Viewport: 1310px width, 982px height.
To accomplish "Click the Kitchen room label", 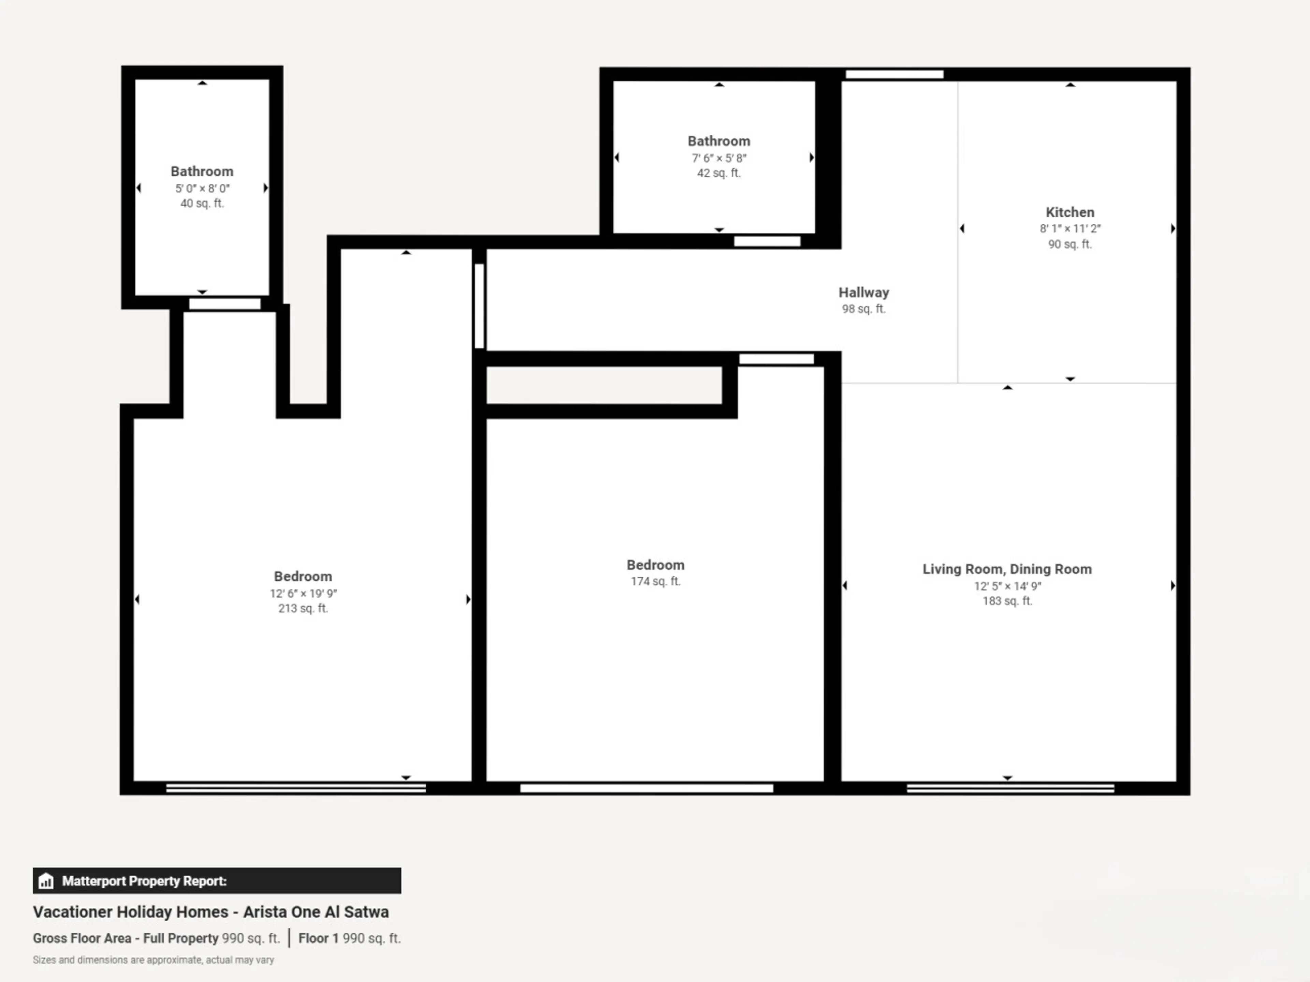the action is pos(1069,212).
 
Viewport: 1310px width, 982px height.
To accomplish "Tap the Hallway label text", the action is pos(863,293).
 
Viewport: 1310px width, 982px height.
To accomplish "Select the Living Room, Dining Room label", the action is pos(1007,569).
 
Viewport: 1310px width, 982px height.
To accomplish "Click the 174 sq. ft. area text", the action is pos(656,581).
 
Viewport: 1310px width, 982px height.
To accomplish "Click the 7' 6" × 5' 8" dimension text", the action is pos(719,158).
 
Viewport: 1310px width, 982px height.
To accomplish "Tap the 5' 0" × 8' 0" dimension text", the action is pos(202,188).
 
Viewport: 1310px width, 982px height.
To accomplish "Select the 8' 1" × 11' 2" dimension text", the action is pos(1069,228).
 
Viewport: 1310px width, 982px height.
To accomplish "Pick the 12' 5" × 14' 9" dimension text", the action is pos(1007,586).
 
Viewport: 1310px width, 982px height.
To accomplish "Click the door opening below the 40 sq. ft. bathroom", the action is pos(224,304).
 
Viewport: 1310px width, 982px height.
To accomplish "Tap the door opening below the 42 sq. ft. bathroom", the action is pos(767,241).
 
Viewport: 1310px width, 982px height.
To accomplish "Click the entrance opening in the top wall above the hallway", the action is pos(894,74).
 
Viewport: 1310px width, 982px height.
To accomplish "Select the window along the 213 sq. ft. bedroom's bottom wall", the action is pos(295,788).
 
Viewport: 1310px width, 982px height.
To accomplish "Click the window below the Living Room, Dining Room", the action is pos(1010,788).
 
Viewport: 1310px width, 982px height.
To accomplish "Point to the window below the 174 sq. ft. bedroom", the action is pos(647,788).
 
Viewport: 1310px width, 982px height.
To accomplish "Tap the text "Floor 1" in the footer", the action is pos(318,938).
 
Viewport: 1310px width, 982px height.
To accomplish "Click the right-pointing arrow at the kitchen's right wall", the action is pos(1173,228).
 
